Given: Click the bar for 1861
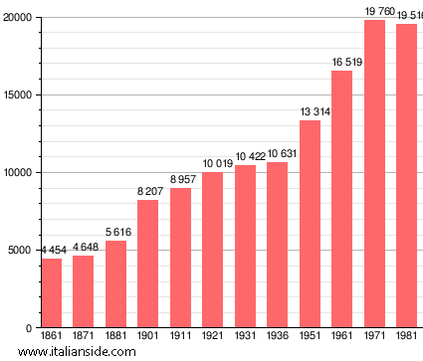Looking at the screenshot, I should click(51, 292).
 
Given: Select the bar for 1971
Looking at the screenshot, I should click(374, 174).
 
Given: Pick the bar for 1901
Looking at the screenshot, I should click(148, 264).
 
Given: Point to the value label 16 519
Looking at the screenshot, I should click(342, 62).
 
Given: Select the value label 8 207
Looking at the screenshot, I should click(148, 191).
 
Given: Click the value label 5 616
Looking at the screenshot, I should click(116, 232).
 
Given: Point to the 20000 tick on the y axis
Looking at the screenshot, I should click(18, 18).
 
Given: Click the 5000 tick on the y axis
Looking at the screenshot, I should click(21, 251).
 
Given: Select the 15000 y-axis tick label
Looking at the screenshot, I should click(18, 95).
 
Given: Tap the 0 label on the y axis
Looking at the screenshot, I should click(30, 328).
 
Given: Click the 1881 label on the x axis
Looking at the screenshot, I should click(115, 337).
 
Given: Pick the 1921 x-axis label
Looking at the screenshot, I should click(213, 337).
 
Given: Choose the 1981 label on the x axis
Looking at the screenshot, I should click(406, 337).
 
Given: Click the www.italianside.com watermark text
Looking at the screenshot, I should click(70, 352).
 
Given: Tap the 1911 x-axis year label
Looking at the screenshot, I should click(180, 337).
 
